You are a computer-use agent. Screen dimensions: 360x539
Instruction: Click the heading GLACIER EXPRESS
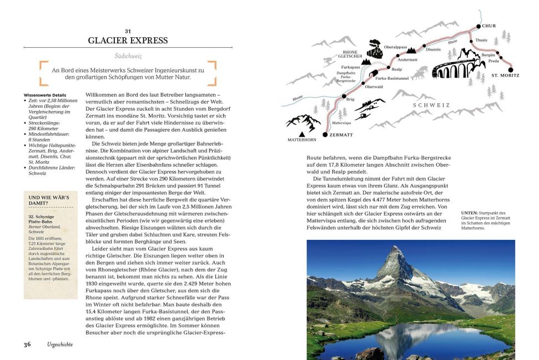(128, 40)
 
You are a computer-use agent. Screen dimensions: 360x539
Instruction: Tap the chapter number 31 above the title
(128, 31)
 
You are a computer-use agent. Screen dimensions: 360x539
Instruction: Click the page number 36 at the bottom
(27, 344)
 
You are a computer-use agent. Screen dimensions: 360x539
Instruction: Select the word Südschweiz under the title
(128, 57)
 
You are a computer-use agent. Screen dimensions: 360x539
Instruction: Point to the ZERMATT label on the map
(341, 134)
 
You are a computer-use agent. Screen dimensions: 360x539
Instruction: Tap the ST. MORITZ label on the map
(505, 74)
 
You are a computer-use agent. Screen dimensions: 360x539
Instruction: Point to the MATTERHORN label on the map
(301, 139)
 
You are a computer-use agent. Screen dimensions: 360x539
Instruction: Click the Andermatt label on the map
(407, 60)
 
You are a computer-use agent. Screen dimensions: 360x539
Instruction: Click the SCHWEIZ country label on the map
(431, 104)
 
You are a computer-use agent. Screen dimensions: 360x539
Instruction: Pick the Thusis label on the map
(481, 40)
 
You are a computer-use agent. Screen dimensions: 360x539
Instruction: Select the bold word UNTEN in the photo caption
(469, 213)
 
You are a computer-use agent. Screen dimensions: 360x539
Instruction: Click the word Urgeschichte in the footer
(59, 344)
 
